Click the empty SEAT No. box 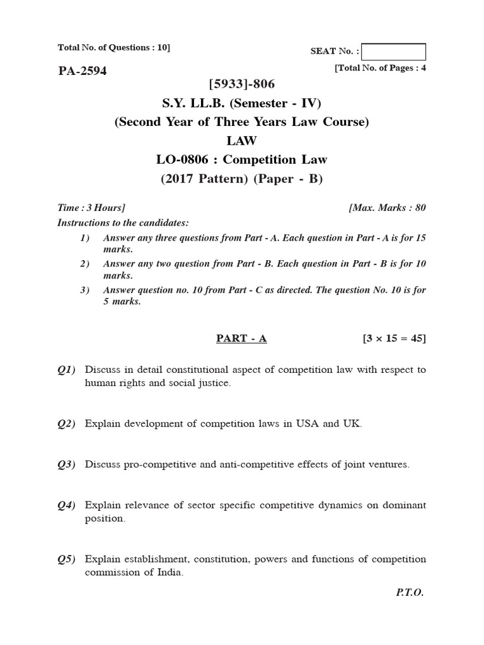394,52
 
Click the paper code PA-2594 82,71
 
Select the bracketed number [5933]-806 241,84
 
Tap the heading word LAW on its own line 241,141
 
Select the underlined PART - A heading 241,339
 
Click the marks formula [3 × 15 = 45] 394,339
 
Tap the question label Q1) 66,370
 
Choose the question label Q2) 66,424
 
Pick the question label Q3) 66,465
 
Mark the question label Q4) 66,505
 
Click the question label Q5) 66,559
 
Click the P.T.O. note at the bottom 410,593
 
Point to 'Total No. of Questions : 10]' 113,47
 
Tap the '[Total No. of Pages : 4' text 380,68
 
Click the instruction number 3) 85,290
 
